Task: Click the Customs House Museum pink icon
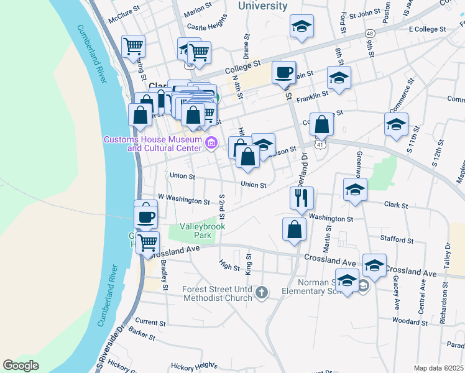tap(211, 144)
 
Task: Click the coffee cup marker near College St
tap(283, 73)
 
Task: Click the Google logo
tap(21, 366)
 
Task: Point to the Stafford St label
tap(398, 239)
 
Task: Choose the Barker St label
tap(142, 336)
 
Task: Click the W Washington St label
tap(184, 200)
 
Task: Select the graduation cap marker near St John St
tap(302, 27)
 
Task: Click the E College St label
tap(428, 29)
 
